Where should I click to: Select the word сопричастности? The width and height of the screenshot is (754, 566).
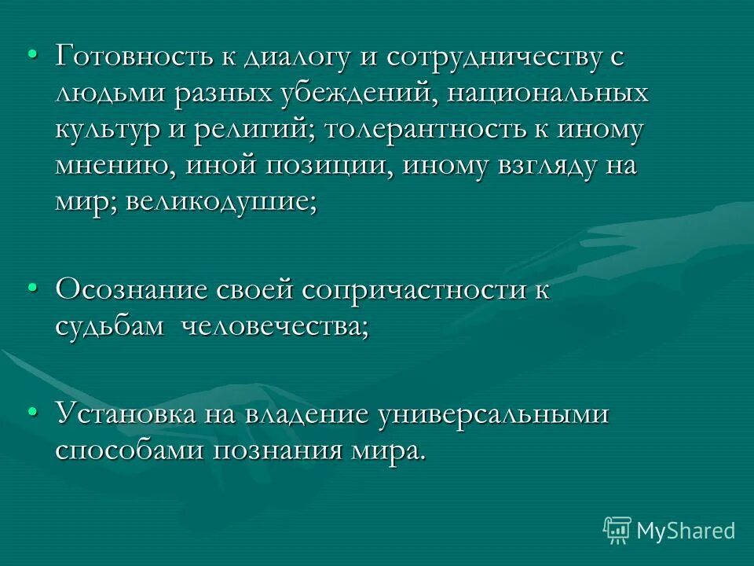(x=405, y=289)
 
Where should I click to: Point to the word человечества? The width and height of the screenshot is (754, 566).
(x=275, y=325)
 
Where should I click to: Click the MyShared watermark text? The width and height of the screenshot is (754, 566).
(x=685, y=530)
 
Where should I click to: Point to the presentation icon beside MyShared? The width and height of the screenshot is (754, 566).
(x=617, y=529)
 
